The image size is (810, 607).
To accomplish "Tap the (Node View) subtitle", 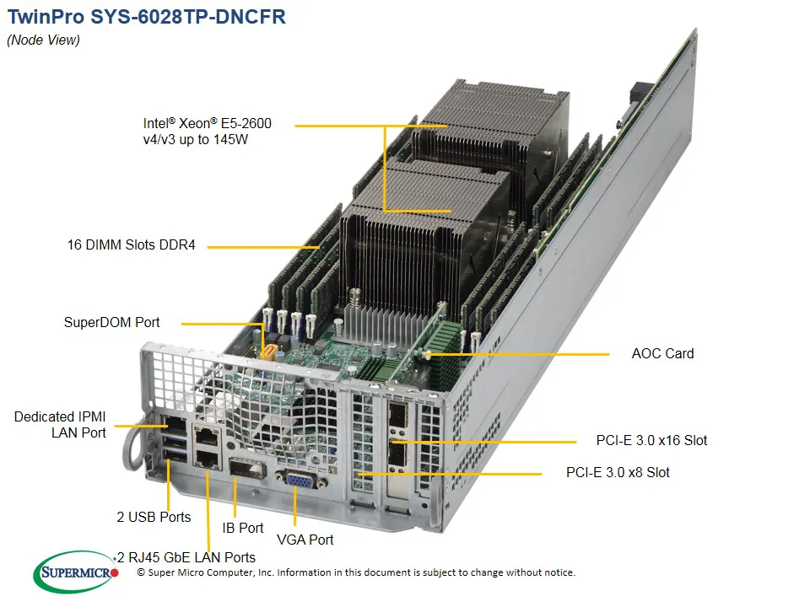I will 43,40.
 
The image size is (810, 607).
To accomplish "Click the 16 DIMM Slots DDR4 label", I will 131,245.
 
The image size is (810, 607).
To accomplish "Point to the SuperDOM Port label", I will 111,322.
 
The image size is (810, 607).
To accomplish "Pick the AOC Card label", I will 662,353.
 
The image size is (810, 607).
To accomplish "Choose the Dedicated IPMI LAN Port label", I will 61,424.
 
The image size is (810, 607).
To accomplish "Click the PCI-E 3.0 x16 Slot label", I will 651,440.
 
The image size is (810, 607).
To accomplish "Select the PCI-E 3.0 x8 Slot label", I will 618,472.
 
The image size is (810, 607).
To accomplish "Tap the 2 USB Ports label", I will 154,517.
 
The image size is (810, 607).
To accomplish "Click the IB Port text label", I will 243,528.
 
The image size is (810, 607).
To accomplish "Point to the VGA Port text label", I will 305,540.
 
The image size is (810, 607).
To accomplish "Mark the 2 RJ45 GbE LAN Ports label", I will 187,557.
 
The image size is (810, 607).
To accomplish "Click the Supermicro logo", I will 76,575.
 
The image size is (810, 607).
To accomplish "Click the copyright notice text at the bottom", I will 355,572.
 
